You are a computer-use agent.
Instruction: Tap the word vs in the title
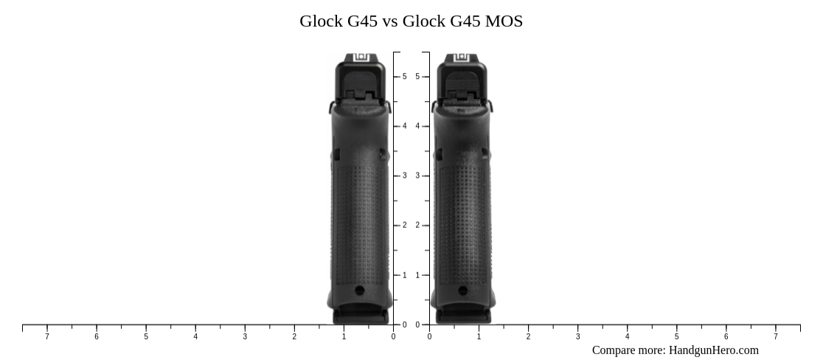389,21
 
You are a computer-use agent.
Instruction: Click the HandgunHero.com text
713,350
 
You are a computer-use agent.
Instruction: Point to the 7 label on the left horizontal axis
47,337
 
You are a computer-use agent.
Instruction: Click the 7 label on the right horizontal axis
775,337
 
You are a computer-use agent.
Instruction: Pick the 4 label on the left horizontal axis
195,337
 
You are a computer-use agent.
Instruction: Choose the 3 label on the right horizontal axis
577,337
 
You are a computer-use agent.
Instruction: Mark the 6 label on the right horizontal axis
726,337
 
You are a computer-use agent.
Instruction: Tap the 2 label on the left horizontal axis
294,337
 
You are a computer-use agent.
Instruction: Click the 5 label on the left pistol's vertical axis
404,77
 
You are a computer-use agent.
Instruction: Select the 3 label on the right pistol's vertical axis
417,176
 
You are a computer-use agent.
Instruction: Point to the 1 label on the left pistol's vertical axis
404,275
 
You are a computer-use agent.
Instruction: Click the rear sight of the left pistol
360,58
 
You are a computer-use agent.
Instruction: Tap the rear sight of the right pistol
462,58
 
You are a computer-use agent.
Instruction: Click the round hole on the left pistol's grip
360,290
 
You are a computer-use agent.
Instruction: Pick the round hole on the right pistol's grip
462,290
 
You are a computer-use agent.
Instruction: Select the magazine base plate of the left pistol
360,316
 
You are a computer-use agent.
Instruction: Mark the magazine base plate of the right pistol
462,316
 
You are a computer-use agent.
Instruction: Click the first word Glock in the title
322,21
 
